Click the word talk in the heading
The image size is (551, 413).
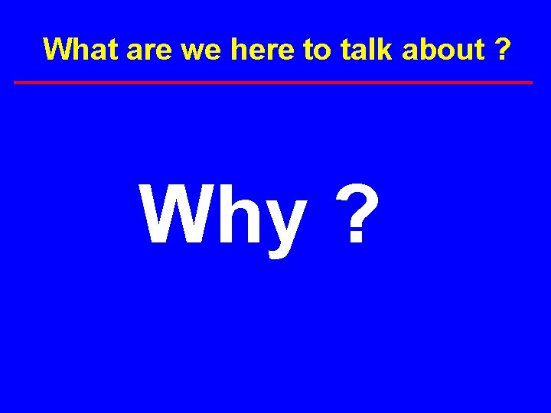(x=366, y=50)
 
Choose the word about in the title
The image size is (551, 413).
(x=442, y=50)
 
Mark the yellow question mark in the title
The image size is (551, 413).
(x=503, y=50)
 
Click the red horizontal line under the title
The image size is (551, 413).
(x=273, y=82)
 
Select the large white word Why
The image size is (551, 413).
(x=223, y=216)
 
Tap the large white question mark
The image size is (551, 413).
(x=357, y=216)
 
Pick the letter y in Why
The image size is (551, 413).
(x=284, y=226)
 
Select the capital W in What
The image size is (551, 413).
(x=60, y=50)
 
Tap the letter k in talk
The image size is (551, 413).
(x=385, y=50)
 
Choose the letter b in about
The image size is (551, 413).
(x=425, y=50)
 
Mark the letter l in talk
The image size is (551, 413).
(x=374, y=50)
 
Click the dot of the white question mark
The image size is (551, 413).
(x=357, y=240)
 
